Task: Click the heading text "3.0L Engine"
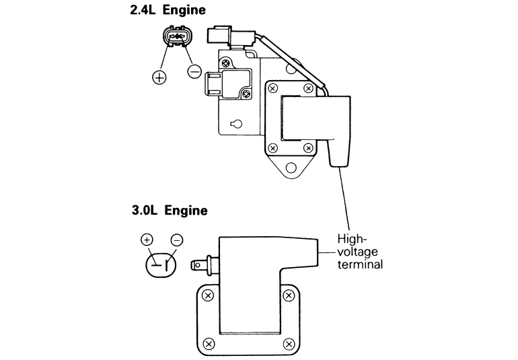pyautogui.click(x=170, y=211)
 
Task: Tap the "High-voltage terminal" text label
pyautogui.click(x=361, y=251)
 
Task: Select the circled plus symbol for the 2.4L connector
pyautogui.click(x=159, y=77)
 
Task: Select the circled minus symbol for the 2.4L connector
pyautogui.click(x=194, y=70)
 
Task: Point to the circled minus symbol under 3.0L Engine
pyautogui.click(x=177, y=239)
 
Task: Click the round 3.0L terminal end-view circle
pyautogui.click(x=161, y=263)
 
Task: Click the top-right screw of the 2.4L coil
pyautogui.click(x=308, y=88)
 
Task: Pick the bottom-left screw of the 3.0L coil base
pyautogui.click(x=209, y=344)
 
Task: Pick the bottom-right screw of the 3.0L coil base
pyautogui.click(x=289, y=344)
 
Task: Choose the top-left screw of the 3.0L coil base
pyautogui.click(x=209, y=295)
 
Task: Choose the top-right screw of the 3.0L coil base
pyautogui.click(x=289, y=295)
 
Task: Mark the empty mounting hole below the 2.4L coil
pyautogui.click(x=290, y=167)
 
